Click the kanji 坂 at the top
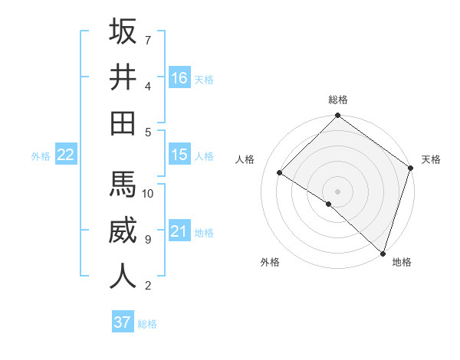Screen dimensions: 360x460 coord(123,32)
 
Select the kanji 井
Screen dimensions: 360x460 coord(123,77)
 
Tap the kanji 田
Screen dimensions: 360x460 coord(123,123)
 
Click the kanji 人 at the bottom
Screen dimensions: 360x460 coord(123,276)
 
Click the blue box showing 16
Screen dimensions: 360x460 coord(179,77)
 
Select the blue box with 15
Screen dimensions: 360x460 coord(179,155)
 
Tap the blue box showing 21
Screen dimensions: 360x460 coord(179,231)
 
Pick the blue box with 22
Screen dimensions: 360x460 coord(66,155)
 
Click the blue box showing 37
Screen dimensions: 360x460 coord(123,322)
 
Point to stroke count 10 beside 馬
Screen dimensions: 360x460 coord(148,193)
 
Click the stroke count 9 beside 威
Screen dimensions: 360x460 coord(147,240)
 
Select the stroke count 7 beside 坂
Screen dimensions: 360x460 coord(147,40)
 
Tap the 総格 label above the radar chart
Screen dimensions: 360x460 coord(337,100)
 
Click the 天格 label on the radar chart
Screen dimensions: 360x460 coord(431,159)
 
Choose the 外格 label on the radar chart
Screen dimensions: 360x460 coord(270,263)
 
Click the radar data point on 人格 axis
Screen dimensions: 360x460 coord(280,173)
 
